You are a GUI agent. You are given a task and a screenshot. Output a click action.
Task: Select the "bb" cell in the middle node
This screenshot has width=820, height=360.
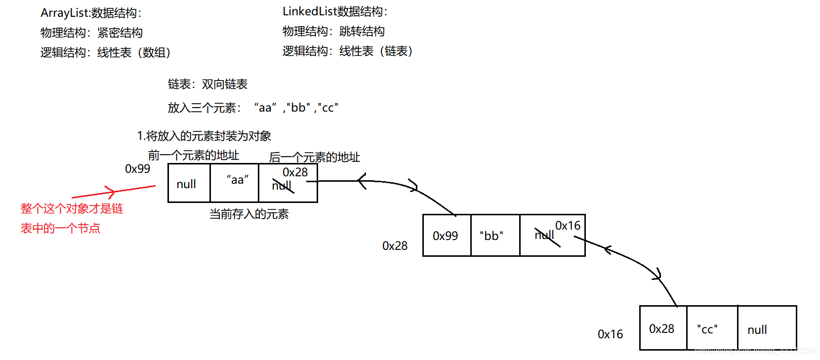click(x=492, y=236)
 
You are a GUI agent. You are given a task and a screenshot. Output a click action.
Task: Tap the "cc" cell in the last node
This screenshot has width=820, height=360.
click(x=707, y=329)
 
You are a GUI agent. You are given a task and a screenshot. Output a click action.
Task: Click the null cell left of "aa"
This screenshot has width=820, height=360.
click(x=186, y=184)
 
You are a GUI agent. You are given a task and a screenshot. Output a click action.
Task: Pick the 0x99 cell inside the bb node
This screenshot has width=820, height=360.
click(x=445, y=236)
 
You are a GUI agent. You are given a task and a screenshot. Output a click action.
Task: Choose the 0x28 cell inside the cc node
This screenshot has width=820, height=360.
click(x=661, y=329)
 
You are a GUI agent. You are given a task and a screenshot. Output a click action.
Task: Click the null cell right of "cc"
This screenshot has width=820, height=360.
click(x=757, y=330)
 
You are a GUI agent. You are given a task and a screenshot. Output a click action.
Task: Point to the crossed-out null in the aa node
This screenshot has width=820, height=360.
click(x=282, y=186)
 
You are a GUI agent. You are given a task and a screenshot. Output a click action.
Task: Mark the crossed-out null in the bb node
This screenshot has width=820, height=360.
click(x=545, y=236)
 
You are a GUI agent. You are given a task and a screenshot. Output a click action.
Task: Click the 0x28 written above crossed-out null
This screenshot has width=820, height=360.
click(x=295, y=172)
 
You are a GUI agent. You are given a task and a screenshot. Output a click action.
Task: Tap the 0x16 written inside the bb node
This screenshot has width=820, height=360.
click(x=568, y=226)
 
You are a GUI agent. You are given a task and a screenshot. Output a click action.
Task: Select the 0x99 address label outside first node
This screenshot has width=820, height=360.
click(x=137, y=169)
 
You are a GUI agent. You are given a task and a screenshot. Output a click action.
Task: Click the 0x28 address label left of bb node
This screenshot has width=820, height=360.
click(x=395, y=246)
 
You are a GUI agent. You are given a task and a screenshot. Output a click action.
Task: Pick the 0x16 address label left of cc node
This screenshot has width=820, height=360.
click(x=610, y=334)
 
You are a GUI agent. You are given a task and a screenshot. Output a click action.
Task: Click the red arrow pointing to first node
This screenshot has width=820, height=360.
click(x=114, y=192)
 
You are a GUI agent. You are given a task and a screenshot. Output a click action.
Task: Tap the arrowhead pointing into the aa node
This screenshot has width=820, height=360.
click(x=362, y=181)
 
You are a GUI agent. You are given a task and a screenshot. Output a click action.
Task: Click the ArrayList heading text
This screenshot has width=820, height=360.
click(x=91, y=13)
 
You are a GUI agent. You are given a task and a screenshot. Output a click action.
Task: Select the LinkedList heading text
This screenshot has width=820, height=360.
click(x=335, y=12)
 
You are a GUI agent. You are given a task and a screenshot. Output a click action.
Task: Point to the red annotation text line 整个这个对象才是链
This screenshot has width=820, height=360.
click(x=72, y=209)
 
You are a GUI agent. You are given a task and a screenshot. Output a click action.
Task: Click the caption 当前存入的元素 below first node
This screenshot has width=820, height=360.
click(x=249, y=214)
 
